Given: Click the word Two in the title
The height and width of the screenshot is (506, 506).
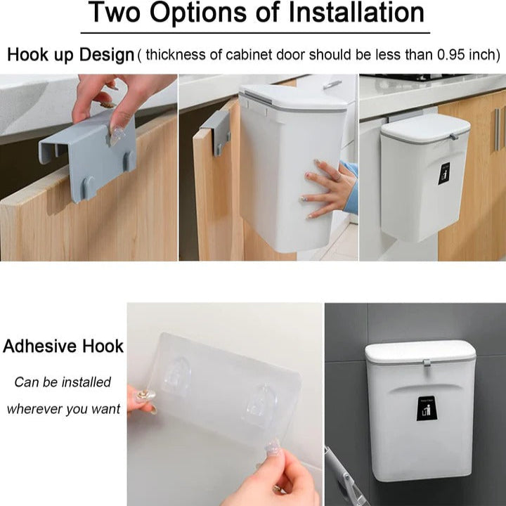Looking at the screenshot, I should coord(115,13).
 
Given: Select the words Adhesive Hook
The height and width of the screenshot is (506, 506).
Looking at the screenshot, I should coord(63,346).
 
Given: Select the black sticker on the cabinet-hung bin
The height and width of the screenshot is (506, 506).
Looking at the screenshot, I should coord(444,173).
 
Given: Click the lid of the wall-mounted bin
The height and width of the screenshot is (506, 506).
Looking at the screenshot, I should coord(420,352).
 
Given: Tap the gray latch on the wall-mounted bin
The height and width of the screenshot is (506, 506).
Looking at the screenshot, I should coord(427,363).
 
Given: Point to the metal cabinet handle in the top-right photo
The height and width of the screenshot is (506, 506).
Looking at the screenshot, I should coord(498,129).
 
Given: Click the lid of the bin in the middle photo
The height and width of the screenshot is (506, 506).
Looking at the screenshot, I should coord(294,98).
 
